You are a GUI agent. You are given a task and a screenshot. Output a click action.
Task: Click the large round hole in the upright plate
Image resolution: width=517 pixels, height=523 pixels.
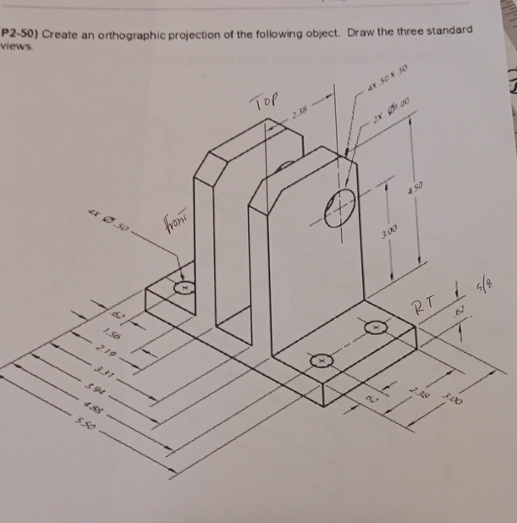pyautogui.click(x=341, y=203)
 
